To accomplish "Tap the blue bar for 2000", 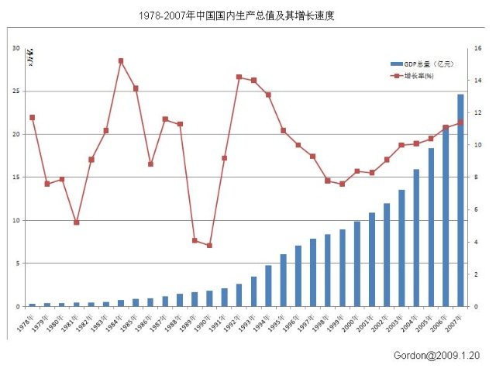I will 357,263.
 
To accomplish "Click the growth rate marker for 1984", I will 121,60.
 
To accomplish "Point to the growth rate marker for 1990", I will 209,246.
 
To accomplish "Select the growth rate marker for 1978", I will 32,117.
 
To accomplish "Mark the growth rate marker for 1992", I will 239,77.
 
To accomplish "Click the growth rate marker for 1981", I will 76,222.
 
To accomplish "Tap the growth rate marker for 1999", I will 342,184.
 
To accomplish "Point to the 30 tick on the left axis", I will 15,48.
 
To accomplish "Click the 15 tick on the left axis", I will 15,177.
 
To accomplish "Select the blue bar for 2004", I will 416,237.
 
